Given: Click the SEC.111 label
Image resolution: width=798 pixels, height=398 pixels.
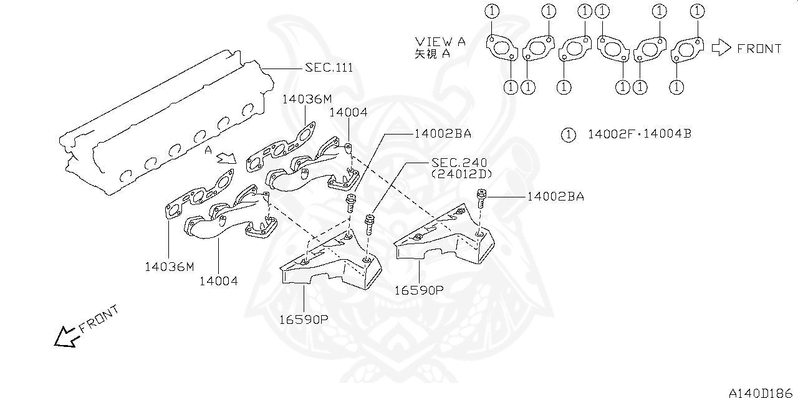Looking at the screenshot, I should pyautogui.click(x=329, y=67).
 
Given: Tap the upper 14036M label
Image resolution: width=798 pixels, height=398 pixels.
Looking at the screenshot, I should pyautogui.click(x=307, y=99).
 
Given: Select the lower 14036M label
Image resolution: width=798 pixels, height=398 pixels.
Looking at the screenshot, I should pyautogui.click(x=170, y=267).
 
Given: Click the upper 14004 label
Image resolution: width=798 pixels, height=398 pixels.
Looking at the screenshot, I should pyautogui.click(x=348, y=113).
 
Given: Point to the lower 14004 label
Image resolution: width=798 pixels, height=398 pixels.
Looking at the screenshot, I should pyautogui.click(x=218, y=281).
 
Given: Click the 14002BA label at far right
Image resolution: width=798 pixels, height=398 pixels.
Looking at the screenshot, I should pyautogui.click(x=555, y=197).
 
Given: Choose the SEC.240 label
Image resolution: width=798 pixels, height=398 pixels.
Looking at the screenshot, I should pyautogui.click(x=459, y=163).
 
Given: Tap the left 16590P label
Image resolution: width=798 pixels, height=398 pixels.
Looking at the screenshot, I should pyautogui.click(x=304, y=320).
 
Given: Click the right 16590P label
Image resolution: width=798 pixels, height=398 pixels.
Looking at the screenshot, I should pyautogui.click(x=418, y=290).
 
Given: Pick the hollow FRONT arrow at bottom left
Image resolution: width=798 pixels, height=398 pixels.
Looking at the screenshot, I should pyautogui.click(x=65, y=337).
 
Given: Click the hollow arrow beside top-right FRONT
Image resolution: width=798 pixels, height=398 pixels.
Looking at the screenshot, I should pyautogui.click(x=721, y=48).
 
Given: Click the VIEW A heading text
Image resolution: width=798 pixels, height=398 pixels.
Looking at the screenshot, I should pyautogui.click(x=440, y=42).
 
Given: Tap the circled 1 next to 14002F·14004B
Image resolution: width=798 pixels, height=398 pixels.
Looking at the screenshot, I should pyautogui.click(x=567, y=134).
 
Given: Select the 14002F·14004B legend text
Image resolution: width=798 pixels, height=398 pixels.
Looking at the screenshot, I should pyautogui.click(x=639, y=134).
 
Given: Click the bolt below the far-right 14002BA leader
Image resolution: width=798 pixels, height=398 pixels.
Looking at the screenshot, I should pyautogui.click(x=481, y=199).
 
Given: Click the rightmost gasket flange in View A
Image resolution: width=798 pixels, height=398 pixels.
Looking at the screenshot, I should pyautogui.click(x=688, y=50).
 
